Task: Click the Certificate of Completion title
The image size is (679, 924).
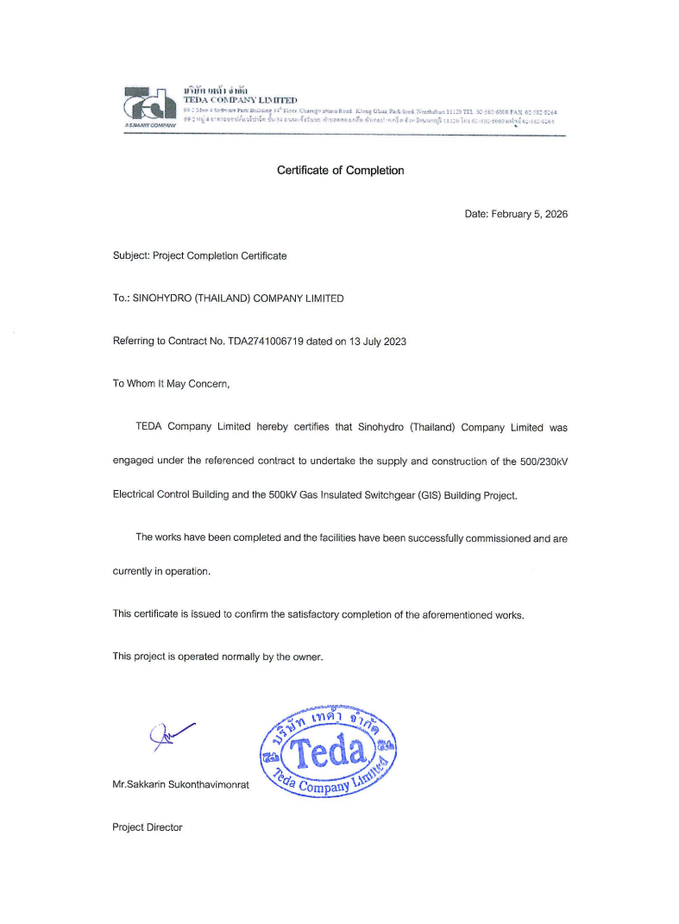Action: point(340,170)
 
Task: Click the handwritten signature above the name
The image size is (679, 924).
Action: point(169,735)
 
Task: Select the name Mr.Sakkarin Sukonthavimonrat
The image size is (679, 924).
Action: point(180,785)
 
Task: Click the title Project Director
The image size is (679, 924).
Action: point(148,827)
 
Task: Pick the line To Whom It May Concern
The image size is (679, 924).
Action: point(172,383)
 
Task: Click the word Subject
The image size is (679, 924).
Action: point(131,256)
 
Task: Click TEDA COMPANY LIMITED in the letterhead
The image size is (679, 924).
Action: point(241,100)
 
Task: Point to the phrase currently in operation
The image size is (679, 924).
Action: point(161,572)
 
